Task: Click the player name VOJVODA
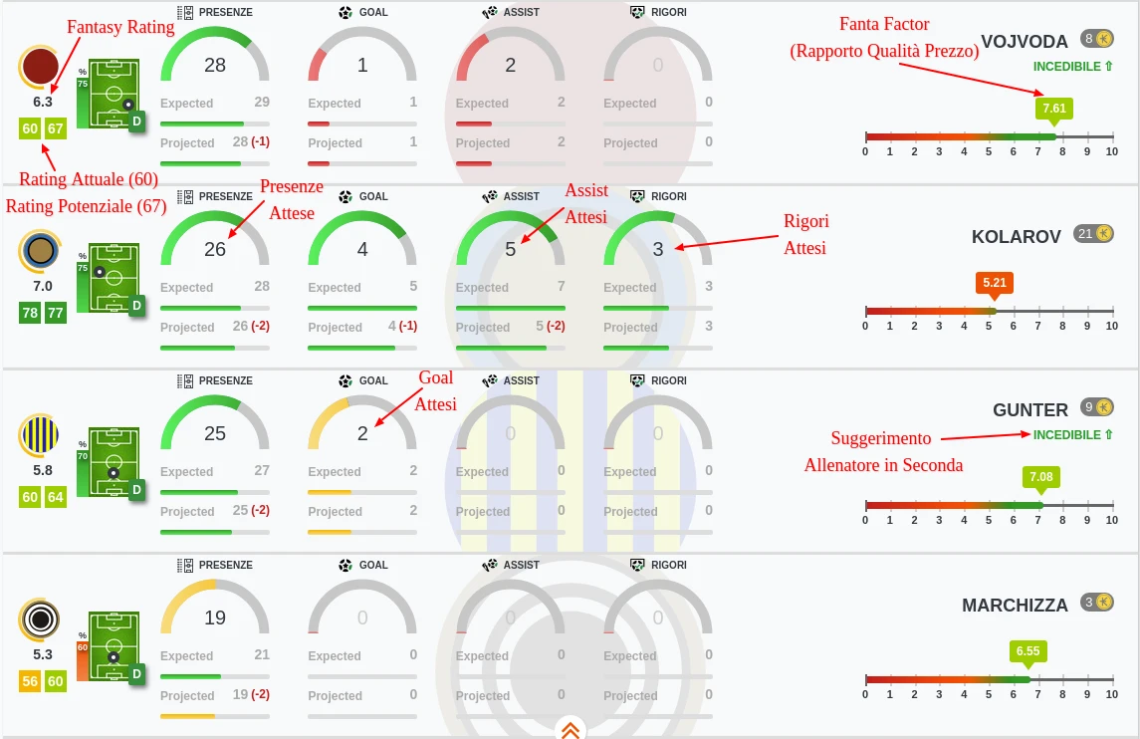(1024, 42)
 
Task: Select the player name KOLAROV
(1016, 236)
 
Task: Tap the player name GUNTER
(1030, 410)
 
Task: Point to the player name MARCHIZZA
(1015, 606)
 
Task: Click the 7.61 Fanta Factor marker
(1054, 110)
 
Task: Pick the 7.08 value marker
(1040, 478)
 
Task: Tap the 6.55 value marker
(1027, 652)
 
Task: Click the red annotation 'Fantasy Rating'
(120, 27)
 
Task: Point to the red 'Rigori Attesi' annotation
(805, 234)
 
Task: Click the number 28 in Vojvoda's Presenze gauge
(215, 66)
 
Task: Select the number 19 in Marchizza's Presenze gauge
(215, 618)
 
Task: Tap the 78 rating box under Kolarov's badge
(30, 313)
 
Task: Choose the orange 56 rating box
(30, 681)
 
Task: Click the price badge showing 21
(1093, 233)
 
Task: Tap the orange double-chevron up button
(570, 729)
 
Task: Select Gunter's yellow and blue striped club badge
(41, 435)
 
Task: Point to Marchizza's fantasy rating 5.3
(43, 654)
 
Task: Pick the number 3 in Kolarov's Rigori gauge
(658, 249)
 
